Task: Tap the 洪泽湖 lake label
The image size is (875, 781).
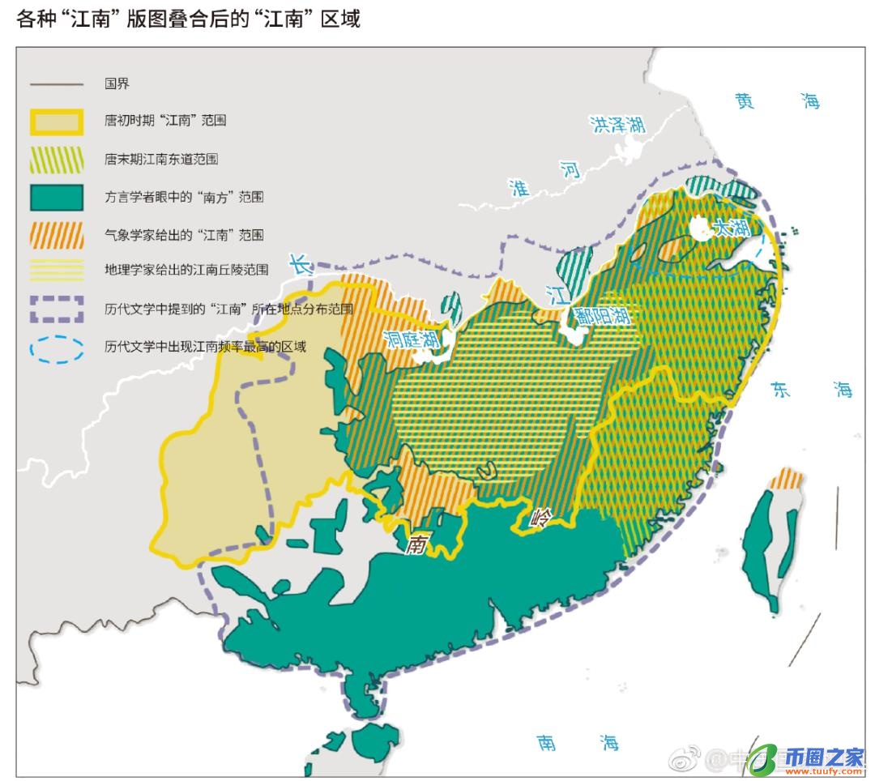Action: click(x=617, y=125)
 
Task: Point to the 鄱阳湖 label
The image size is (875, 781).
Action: click(x=602, y=315)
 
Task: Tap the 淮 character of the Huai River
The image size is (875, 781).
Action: click(x=519, y=188)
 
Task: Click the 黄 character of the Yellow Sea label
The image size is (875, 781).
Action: click(x=744, y=101)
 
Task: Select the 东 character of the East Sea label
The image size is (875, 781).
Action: click(x=780, y=389)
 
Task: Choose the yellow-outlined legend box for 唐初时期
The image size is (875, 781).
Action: click(x=57, y=122)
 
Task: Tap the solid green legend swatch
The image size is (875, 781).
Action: click(x=57, y=197)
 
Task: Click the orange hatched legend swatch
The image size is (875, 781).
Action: click(x=57, y=235)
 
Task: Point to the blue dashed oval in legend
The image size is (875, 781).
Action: click(x=57, y=347)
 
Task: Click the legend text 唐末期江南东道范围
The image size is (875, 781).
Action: click(x=161, y=160)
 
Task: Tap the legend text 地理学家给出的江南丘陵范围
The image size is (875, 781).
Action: click(x=186, y=271)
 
